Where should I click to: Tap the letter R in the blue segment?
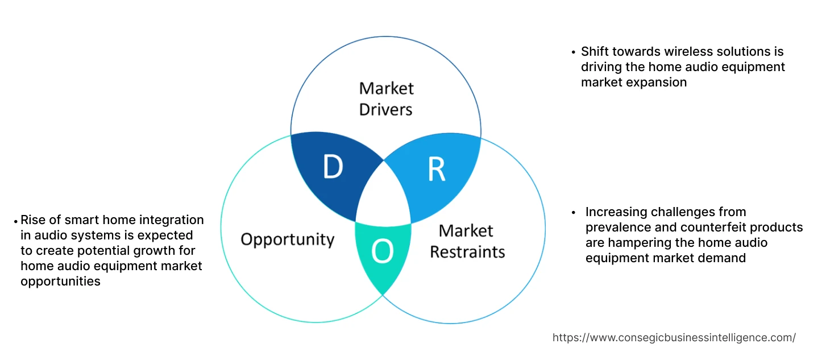[436, 168]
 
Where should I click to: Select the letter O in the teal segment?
[383, 252]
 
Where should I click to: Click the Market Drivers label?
[386, 98]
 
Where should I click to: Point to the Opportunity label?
[287, 239]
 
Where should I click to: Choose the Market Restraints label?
[467, 241]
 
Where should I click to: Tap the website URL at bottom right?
[674, 337]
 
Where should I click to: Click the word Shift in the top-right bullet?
[595, 52]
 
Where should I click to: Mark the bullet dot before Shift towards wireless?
[574, 52]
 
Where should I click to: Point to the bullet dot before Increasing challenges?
[574, 213]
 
